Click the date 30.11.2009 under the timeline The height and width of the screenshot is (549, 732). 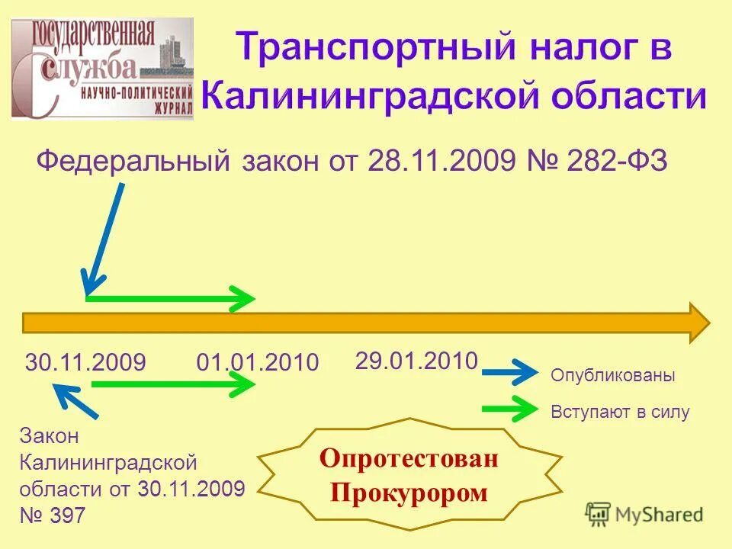pos(85,363)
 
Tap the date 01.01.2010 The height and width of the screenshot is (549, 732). pos(257,363)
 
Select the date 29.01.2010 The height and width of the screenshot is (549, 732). pos(416,360)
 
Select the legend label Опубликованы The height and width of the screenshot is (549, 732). pos(612,376)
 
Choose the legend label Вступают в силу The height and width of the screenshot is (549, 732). pos(619,413)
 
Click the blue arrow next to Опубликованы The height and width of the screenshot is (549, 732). pos(510,374)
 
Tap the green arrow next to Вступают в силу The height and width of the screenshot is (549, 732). pos(510,409)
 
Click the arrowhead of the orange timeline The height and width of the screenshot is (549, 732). pos(698,323)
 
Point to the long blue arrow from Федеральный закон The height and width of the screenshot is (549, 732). pos(104,238)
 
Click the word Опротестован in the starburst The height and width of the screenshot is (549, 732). pos(409,459)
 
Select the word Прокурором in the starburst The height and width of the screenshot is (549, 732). pos(409,493)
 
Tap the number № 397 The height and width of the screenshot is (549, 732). pos(53,516)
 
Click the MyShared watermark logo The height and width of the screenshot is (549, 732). pos(644,514)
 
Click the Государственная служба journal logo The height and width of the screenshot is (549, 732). pos(102,69)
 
